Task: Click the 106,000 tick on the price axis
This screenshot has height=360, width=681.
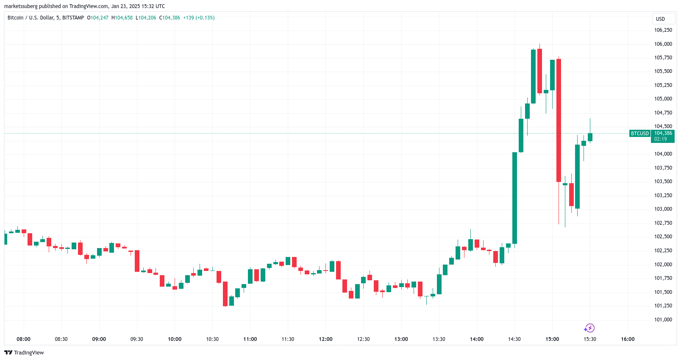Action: point(663,44)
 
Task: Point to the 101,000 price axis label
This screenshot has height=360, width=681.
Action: point(663,320)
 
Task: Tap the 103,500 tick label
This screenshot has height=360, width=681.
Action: point(663,181)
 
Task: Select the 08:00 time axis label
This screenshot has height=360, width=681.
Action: point(23,339)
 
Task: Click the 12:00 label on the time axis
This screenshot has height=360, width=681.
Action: point(325,339)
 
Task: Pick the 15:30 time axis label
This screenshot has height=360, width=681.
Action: point(590,339)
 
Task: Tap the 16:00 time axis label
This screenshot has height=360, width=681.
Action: point(628,339)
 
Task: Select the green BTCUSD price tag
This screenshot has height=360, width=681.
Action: point(639,134)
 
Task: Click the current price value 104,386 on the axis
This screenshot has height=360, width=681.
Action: point(663,133)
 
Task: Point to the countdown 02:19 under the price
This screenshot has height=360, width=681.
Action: point(660,139)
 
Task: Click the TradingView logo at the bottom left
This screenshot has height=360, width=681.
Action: point(24,353)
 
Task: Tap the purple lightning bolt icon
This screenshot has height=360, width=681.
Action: point(589,328)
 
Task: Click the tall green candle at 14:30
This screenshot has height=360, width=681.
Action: point(514,198)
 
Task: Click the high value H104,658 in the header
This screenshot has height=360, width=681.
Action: point(122,18)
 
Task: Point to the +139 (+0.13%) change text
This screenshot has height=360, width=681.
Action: point(199,18)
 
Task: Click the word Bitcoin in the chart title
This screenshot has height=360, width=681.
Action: point(16,18)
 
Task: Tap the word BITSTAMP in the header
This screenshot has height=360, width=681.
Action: point(73,18)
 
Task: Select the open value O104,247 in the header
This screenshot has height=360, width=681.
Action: point(98,18)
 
